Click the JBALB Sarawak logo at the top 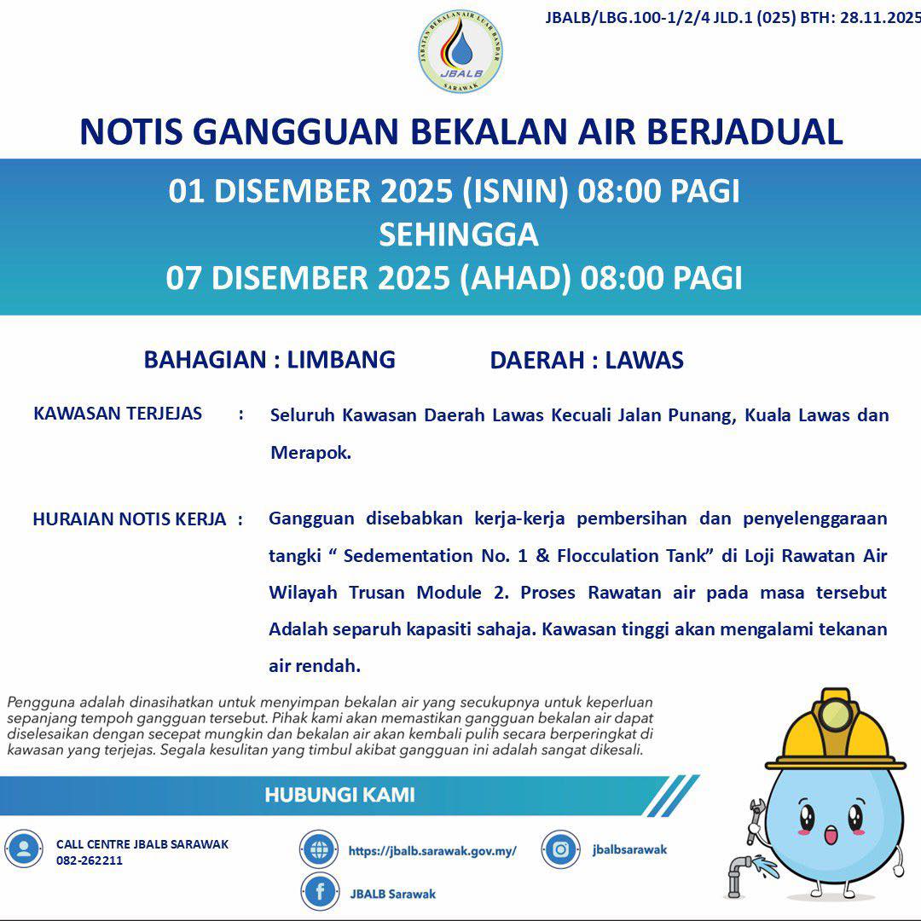click(x=460, y=52)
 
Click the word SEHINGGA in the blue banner click(x=459, y=235)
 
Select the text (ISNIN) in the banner click(x=515, y=192)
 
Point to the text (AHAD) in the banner click(x=515, y=279)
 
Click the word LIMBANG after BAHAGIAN click(x=341, y=359)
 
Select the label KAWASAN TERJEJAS click(x=118, y=414)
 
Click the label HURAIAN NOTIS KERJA click(x=130, y=519)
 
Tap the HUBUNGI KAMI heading click(x=339, y=796)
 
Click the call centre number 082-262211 click(x=90, y=860)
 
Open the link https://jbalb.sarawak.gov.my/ click(x=432, y=851)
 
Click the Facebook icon click(x=320, y=892)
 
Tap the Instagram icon click(x=561, y=849)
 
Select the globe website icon click(x=319, y=849)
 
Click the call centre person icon click(x=24, y=849)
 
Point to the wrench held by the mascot click(x=756, y=820)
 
